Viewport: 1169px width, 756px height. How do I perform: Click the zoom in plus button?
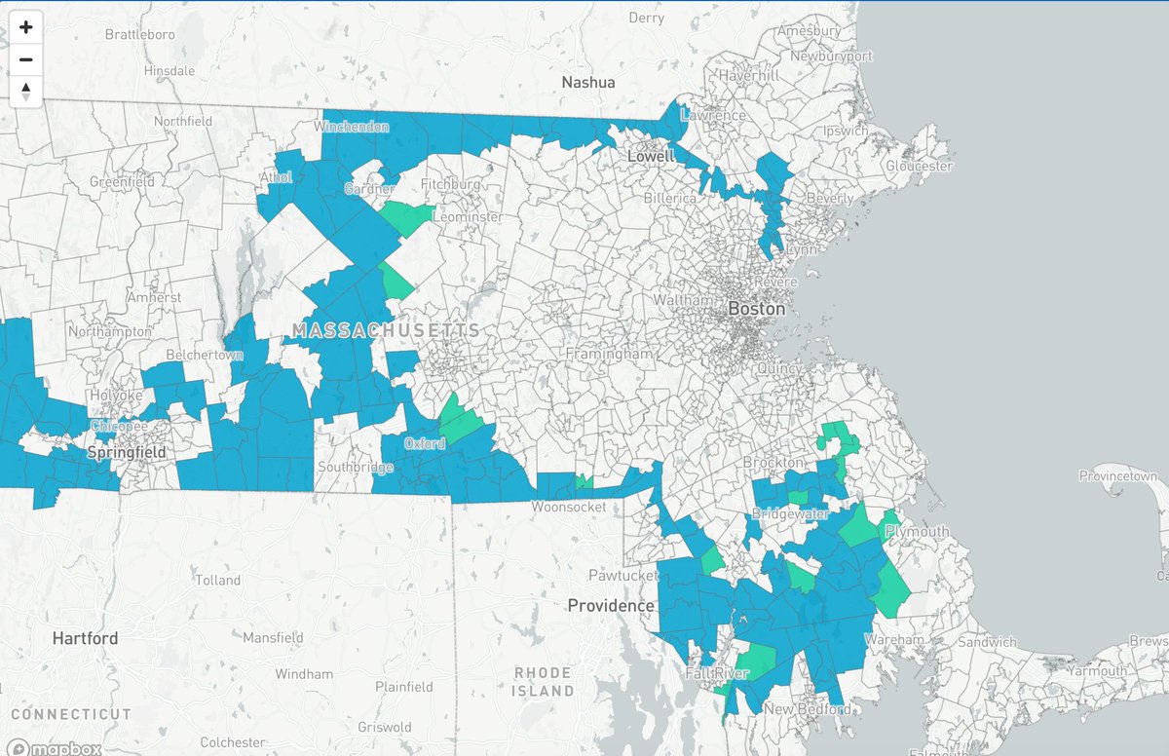[x=25, y=27]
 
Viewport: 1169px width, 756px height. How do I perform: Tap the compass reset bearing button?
[x=25, y=92]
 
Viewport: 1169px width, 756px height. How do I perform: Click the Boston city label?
[x=756, y=309]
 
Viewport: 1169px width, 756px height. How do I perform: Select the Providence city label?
[x=611, y=606]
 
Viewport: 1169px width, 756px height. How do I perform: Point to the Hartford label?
[x=86, y=639]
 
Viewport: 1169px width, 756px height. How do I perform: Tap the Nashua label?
[x=588, y=83]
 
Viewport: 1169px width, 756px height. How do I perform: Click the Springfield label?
[x=126, y=453]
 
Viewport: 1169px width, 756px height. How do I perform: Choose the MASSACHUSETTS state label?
[x=387, y=331]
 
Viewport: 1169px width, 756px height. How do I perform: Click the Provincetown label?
[x=1116, y=475]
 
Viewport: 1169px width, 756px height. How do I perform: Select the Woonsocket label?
[x=570, y=508]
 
